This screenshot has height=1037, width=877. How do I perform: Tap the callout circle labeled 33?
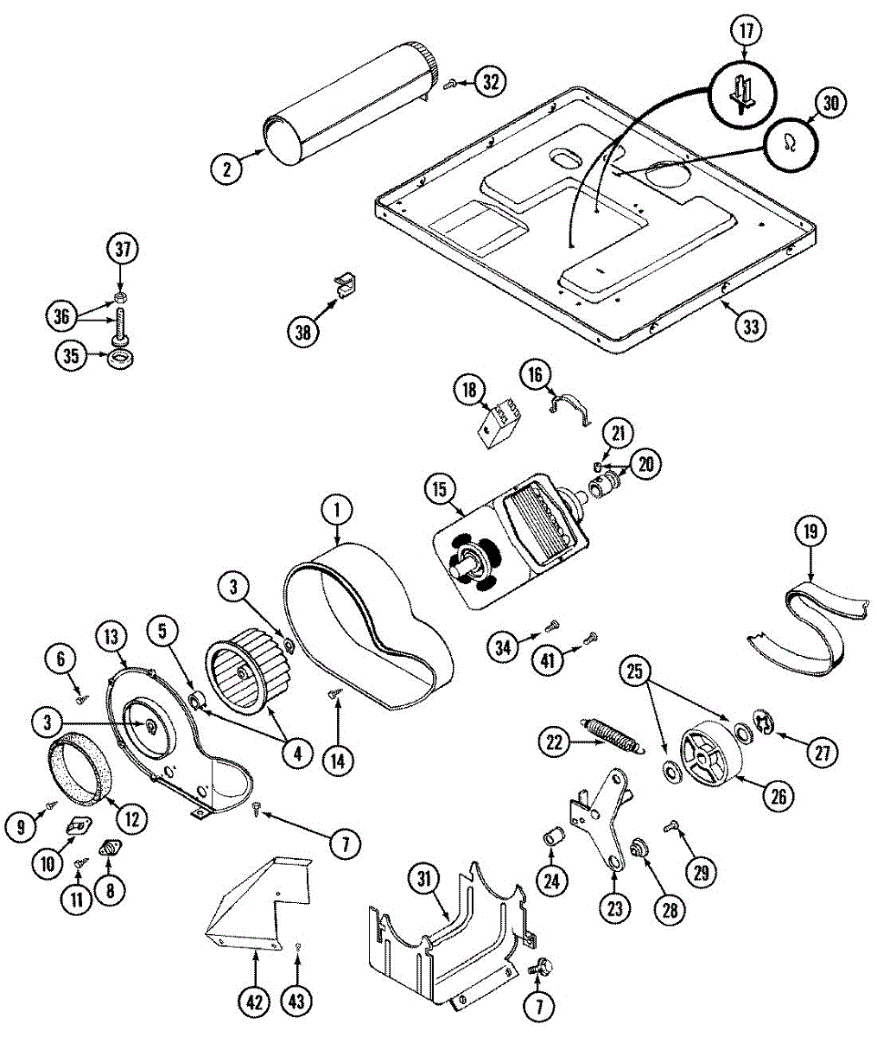click(x=751, y=328)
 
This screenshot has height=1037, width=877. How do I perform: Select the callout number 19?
click(x=810, y=531)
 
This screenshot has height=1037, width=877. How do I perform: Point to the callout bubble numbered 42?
click(x=254, y=1002)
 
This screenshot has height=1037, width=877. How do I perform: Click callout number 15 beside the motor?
click(x=440, y=489)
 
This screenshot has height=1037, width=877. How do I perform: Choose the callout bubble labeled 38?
click(x=303, y=332)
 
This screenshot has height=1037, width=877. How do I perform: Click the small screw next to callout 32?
click(x=450, y=86)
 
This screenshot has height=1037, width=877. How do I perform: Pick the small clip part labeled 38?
click(x=345, y=285)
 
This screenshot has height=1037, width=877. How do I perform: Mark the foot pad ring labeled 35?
click(x=121, y=359)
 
